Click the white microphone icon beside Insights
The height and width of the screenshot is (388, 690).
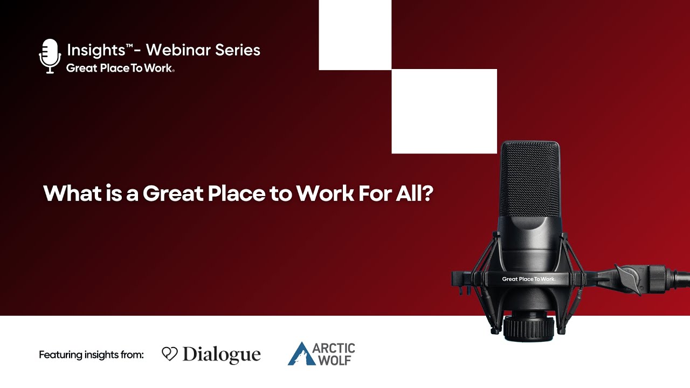coord(50,56)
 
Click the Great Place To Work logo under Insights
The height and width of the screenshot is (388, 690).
coord(120,68)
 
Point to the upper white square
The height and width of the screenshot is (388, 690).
coord(355,34)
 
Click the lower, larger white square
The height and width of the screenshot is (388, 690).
coord(444,112)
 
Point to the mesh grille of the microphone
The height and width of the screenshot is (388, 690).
coord(529,178)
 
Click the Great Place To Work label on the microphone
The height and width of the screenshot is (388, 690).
coord(528,279)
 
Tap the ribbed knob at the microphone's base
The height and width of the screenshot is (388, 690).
coord(528,327)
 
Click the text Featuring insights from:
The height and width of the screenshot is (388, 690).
coord(91,355)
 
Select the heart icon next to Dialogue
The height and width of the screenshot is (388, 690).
coord(169,354)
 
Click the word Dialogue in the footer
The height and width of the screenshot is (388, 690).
coord(222,355)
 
